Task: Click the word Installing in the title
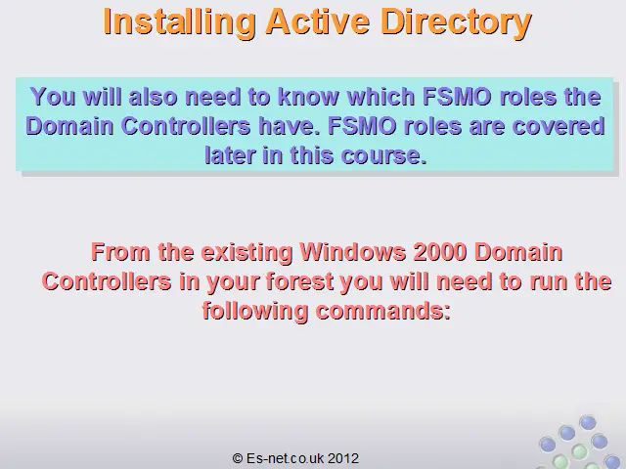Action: click(179, 22)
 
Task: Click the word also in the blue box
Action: click(154, 97)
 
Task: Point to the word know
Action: click(308, 97)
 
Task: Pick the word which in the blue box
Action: click(381, 97)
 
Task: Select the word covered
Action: click(559, 126)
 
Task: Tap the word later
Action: click(230, 154)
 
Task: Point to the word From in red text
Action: click(120, 252)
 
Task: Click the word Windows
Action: click(353, 252)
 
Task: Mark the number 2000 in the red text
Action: click(440, 252)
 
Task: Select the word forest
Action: click(299, 281)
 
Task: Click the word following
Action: click(255, 312)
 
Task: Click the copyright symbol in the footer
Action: click(238, 458)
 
